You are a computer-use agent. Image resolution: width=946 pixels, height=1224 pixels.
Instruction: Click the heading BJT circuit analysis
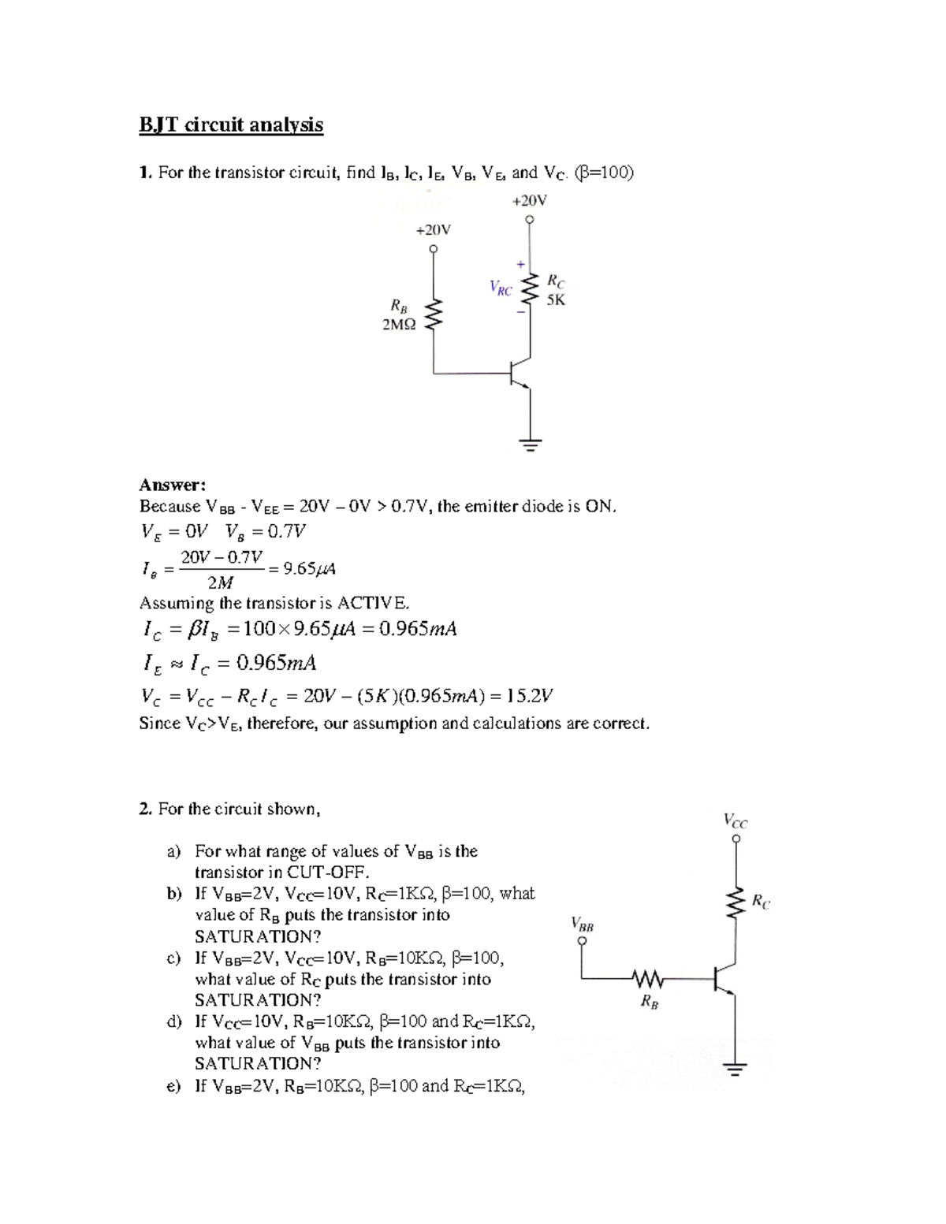[x=231, y=125]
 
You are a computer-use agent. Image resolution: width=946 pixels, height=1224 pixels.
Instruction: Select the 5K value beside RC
[x=556, y=299]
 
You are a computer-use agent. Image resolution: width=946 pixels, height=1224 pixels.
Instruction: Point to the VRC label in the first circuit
[x=501, y=288]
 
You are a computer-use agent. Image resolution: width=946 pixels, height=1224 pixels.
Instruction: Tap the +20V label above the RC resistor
[x=529, y=200]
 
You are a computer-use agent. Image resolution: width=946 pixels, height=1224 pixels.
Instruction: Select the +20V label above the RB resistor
[x=433, y=229]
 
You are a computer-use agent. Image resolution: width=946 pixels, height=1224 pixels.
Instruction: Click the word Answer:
[x=173, y=485]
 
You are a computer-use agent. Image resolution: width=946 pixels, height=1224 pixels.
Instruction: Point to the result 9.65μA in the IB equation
[x=311, y=568]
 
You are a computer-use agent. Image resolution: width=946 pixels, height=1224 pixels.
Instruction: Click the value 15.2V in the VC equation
[x=530, y=696]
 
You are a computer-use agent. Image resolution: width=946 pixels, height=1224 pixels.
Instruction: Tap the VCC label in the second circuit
[x=736, y=820]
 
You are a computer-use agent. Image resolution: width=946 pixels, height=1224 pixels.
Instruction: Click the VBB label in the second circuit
[x=582, y=924]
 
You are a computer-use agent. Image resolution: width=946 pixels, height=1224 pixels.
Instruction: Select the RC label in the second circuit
[x=761, y=902]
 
